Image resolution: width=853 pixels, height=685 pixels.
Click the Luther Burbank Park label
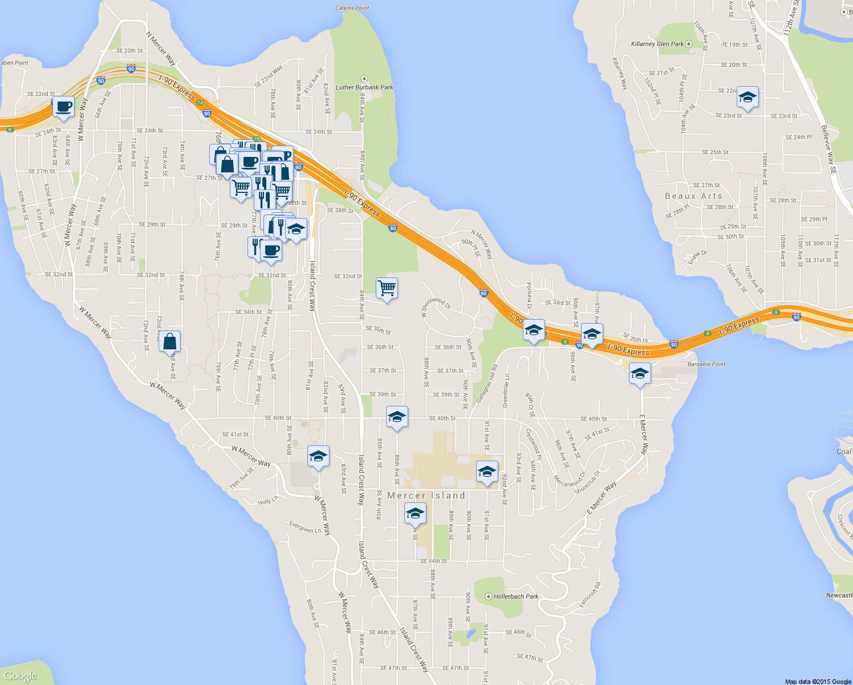tap(364, 87)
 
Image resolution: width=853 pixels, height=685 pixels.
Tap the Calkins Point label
tap(352, 8)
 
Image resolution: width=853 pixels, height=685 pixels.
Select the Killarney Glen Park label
tap(657, 44)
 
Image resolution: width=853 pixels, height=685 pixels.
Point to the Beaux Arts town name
tap(693, 196)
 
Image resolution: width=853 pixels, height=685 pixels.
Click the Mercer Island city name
tap(426, 495)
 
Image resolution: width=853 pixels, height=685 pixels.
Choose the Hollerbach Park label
tap(515, 597)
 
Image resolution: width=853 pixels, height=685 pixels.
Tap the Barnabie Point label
tap(706, 364)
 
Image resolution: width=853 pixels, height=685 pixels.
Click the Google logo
tap(20, 676)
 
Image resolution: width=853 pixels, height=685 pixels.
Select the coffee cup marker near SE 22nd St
tap(63, 107)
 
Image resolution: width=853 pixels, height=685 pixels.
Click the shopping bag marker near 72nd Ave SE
tap(170, 341)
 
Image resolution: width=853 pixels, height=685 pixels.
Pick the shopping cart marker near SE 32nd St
tap(387, 289)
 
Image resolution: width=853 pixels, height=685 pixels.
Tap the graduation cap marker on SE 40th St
tap(397, 417)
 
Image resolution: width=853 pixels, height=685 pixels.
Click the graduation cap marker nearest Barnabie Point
tap(640, 374)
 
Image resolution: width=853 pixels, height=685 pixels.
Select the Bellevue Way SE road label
tap(828, 150)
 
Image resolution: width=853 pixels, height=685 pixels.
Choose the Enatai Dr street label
tap(697, 257)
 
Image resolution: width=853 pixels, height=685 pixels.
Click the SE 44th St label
tap(434, 561)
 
